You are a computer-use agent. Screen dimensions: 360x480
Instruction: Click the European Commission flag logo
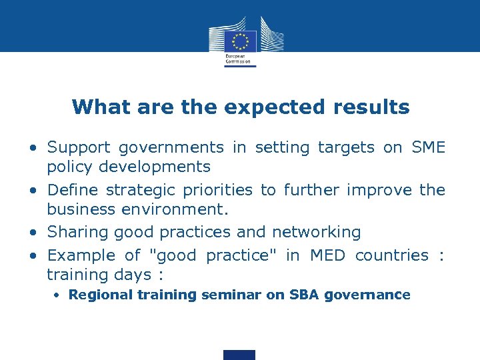coord(239,41)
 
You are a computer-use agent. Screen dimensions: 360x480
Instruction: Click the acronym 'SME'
coord(429,147)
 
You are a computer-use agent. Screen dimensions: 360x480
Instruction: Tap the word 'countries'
coord(392,255)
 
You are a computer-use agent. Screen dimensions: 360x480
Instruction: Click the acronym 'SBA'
coord(304,295)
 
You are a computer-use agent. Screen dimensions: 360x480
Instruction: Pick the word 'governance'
coord(367,295)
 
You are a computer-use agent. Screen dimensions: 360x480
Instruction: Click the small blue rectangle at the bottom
coord(239,355)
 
